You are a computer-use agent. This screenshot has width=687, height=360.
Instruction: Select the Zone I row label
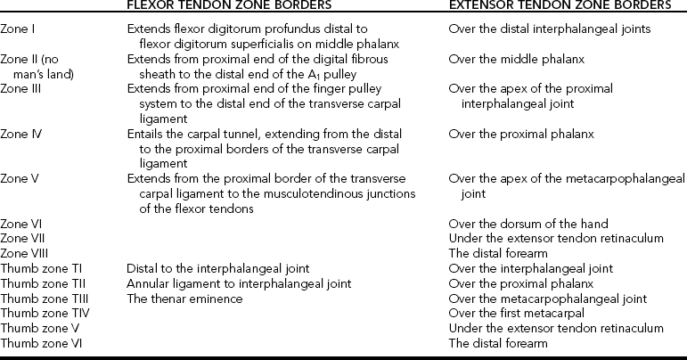(19, 29)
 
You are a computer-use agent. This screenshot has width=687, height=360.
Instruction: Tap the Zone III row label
(21, 89)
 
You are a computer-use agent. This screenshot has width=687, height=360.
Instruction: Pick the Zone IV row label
(21, 134)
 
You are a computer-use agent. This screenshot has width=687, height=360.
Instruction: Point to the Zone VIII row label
(26, 252)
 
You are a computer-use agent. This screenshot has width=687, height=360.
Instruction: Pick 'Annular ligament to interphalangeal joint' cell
(226, 283)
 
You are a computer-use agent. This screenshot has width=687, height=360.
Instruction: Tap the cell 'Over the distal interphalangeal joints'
(549, 29)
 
